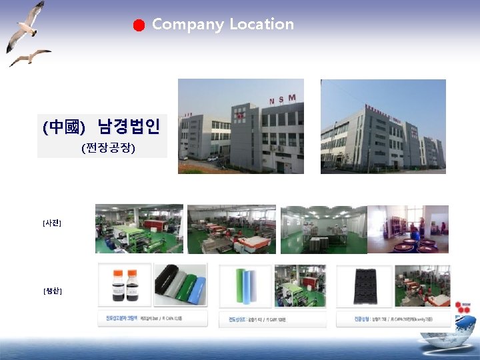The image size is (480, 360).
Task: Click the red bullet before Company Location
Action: pos(138,26)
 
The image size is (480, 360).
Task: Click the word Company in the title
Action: pos(187,25)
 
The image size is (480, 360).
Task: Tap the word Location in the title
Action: pos(261,24)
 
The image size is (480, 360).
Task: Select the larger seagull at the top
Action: pos(26,25)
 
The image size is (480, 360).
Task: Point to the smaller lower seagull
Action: pos(31,57)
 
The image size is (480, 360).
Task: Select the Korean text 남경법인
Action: pos(128,125)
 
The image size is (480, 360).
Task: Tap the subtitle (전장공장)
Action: pos(108,148)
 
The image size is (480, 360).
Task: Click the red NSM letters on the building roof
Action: pos(282,100)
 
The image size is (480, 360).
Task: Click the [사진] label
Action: pos(51,223)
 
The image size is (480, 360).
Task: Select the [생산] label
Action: pos(51,291)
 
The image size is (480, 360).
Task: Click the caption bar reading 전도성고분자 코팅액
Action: pos(152,319)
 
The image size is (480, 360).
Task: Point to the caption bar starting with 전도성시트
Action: pos(272,319)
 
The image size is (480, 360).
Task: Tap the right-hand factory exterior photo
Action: pos(383,126)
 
